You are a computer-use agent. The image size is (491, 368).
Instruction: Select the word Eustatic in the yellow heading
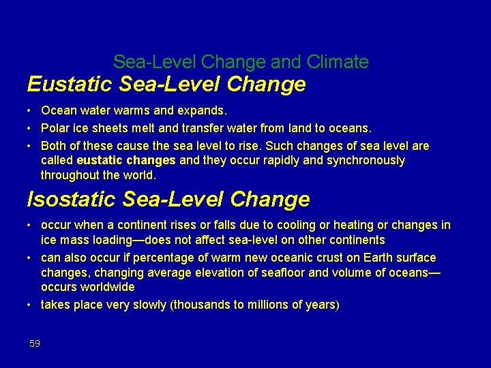pyautogui.click(x=68, y=85)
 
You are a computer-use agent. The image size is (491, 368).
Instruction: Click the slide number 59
pyautogui.click(x=35, y=343)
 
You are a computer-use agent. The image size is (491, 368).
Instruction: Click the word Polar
pyautogui.click(x=55, y=127)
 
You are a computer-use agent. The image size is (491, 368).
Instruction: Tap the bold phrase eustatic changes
pyautogui.click(x=126, y=160)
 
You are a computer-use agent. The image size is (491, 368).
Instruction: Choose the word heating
pyautogui.click(x=351, y=225)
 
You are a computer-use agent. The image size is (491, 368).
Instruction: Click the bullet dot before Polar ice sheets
pyautogui.click(x=30, y=128)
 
